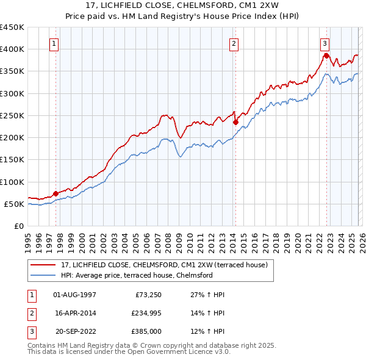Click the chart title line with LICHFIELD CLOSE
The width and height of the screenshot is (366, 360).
183,5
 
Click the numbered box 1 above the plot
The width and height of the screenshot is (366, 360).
55,43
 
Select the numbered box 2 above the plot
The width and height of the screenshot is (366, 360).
234,43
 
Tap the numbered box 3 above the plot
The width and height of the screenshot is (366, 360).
325,43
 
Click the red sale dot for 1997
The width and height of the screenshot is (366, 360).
56,193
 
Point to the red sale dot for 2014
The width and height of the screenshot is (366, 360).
235,122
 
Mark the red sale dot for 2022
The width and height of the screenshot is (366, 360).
326,56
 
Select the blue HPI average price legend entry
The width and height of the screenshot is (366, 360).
136,275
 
